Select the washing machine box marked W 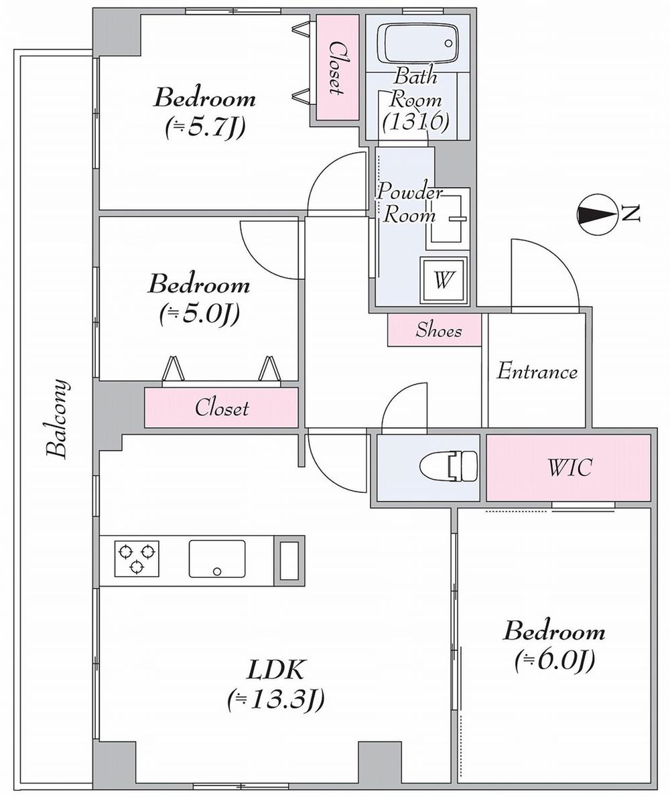pos(442,280)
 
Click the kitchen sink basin pos(216,558)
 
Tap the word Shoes pos(438,330)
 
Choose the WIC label pos(569,467)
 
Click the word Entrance pos(537,372)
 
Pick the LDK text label pos(277,669)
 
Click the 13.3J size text pos(276,700)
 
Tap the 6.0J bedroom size pos(555,662)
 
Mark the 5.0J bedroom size pos(200,313)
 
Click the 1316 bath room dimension pos(415,121)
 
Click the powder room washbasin pos(448,218)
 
